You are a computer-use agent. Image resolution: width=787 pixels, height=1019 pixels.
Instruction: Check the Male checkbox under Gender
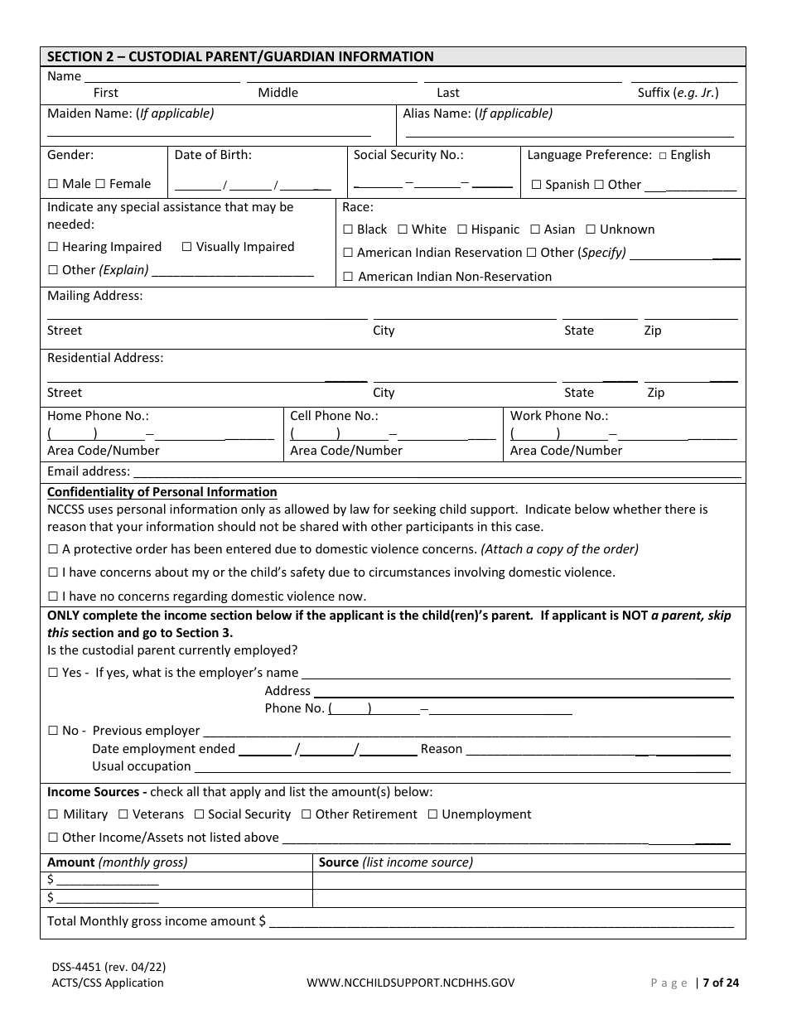(53, 184)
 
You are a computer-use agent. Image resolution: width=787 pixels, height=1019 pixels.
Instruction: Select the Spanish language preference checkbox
(536, 185)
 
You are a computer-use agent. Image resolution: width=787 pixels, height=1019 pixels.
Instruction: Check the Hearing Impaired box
(53, 247)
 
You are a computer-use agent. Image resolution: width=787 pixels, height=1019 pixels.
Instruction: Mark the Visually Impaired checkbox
(186, 247)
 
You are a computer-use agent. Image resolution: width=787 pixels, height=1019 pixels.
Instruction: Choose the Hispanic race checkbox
(462, 229)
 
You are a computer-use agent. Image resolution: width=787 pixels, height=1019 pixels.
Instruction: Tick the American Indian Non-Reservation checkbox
(348, 277)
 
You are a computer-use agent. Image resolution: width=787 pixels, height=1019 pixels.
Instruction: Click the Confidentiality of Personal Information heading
(162, 492)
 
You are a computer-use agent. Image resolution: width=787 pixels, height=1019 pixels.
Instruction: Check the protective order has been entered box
(53, 549)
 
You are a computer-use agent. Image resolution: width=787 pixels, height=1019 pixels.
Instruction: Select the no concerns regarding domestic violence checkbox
(53, 596)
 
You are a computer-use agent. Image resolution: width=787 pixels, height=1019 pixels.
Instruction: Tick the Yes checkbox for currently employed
(53, 673)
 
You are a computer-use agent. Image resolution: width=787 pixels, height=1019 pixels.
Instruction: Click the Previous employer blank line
(466, 732)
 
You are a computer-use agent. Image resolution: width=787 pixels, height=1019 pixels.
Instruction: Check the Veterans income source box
(123, 814)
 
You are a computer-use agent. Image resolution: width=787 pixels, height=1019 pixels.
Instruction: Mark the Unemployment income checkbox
(432, 814)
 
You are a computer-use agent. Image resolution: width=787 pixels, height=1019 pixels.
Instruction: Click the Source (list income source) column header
(396, 862)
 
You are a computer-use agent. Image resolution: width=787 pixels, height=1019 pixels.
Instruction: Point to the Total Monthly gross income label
(157, 921)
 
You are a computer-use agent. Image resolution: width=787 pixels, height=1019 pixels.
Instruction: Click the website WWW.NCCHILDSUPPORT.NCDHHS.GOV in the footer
(410, 983)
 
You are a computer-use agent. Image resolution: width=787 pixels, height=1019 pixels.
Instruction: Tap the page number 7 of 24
(720, 983)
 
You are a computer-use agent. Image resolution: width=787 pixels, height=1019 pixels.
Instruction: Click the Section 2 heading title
(240, 57)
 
